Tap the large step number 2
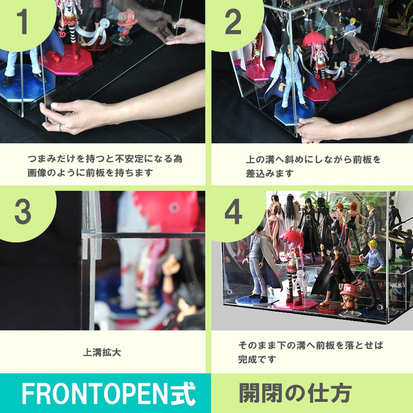point(233,21)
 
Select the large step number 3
point(23,211)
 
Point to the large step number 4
point(233,211)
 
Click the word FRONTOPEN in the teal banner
point(95,393)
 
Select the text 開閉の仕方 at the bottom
point(295,393)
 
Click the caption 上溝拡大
point(102,352)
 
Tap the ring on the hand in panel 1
point(60,128)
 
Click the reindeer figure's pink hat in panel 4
point(349,289)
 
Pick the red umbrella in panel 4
point(292,237)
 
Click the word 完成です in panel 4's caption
point(257,359)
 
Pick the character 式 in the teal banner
point(183,394)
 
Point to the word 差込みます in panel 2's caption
point(270,173)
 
